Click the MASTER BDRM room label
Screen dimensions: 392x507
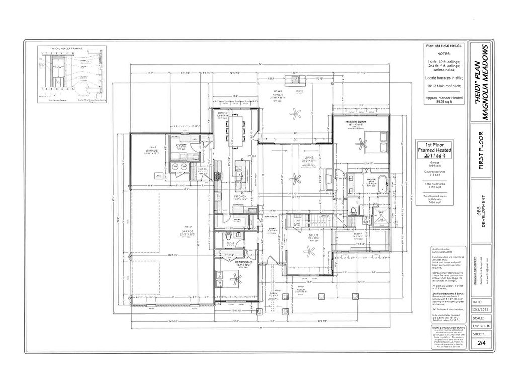[x=355, y=122]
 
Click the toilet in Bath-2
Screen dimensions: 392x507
[x=228, y=236]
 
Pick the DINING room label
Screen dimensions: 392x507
[x=222, y=113]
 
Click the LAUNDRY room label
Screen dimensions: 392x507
[x=181, y=145]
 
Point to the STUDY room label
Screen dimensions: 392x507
[x=307, y=234]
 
